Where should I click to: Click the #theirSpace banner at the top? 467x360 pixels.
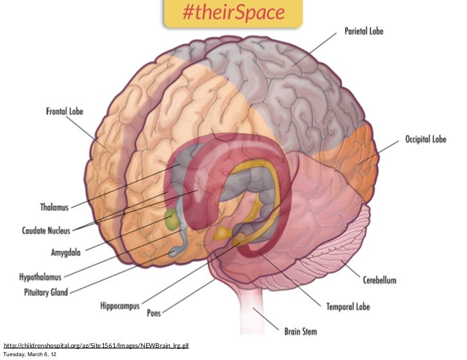pos(233,13)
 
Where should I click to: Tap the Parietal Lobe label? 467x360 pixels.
pos(364,31)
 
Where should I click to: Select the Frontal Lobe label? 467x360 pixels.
pos(64,112)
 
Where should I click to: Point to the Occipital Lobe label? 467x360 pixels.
pos(425,139)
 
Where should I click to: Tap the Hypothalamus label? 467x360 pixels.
pos(40,277)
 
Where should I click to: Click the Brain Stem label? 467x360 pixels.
pos(300,332)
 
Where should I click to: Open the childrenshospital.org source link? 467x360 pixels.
pos(96,346)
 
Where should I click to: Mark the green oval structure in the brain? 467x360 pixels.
pos(172,221)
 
